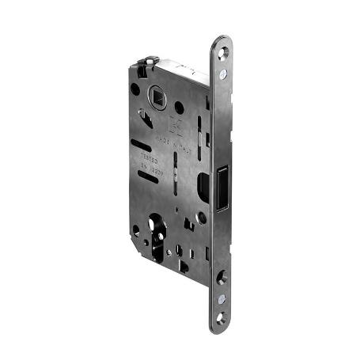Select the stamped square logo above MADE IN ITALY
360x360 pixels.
pos(176,123)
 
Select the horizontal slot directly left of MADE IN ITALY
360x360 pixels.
pos(146,146)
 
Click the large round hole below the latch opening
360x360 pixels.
pos(206,217)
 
